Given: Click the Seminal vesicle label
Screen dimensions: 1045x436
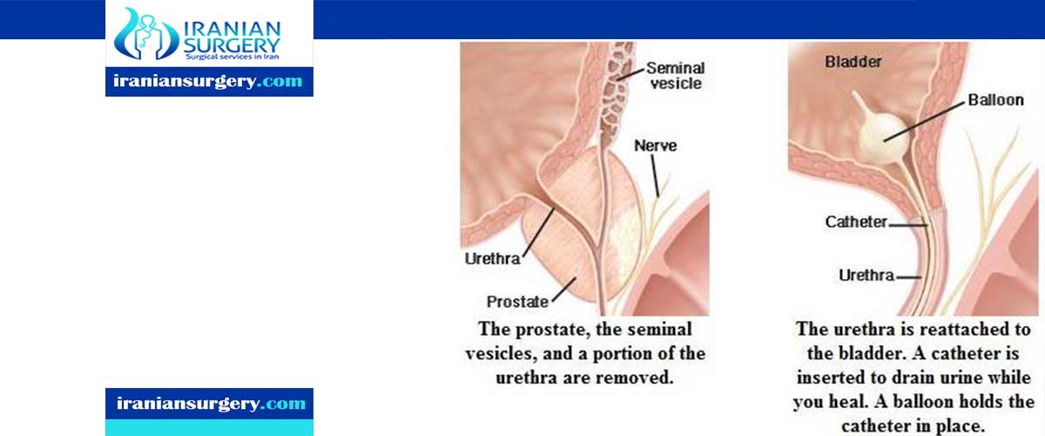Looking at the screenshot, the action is point(676,76).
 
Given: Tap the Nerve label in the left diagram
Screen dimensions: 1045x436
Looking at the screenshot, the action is point(655,146).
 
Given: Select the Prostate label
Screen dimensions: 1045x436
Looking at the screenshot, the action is point(517,302).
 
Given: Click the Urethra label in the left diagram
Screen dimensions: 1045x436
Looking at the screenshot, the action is point(492,258).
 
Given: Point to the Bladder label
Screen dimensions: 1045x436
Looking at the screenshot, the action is point(853,62).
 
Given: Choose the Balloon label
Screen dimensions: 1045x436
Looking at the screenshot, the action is point(995,100).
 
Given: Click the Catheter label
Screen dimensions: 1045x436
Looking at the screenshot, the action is point(855,221).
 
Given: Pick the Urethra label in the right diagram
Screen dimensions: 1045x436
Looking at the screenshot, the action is point(866,276).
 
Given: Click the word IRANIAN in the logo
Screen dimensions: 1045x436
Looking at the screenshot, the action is point(232,30).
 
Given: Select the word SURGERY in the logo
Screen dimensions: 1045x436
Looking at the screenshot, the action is point(232,46).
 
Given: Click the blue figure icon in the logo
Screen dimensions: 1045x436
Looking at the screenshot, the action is point(146,34).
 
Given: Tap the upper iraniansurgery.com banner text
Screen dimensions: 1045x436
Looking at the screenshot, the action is point(208,81).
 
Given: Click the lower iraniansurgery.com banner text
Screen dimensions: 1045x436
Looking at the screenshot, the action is point(211,403).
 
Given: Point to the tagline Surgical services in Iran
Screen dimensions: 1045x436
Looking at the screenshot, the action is point(232,57).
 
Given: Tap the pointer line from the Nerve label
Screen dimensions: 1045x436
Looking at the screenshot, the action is point(655,176).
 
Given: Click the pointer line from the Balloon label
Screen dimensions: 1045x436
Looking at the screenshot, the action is point(924,121).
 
